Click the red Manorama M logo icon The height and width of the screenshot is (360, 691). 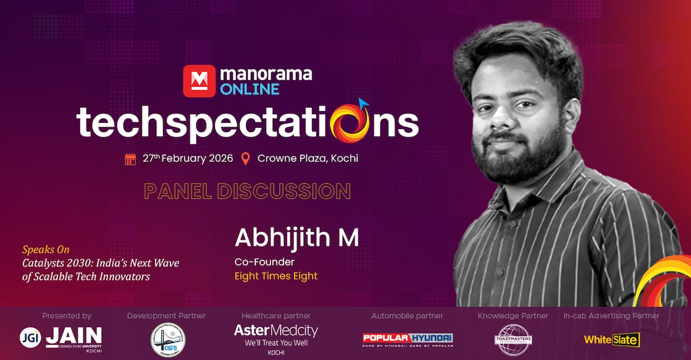[x=199, y=81]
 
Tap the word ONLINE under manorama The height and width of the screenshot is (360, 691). [x=249, y=89]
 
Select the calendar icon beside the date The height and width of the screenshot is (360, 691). [x=130, y=159]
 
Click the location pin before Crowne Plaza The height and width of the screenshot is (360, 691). [x=245, y=159]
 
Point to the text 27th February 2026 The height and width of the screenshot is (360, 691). [x=188, y=158]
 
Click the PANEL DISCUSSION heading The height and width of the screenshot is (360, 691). [x=247, y=191]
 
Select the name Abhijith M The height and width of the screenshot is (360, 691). [x=296, y=238]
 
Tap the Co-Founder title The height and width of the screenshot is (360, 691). [x=264, y=262]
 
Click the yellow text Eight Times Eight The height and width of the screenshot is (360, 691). [x=275, y=276]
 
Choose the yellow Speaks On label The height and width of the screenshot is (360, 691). [x=46, y=250]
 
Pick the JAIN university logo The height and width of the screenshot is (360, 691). [x=61, y=338]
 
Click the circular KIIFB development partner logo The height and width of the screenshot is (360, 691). [x=167, y=340]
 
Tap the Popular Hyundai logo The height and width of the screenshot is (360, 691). [x=407, y=338]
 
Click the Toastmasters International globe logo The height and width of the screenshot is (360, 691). [x=513, y=340]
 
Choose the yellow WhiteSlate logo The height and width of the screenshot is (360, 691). [x=611, y=339]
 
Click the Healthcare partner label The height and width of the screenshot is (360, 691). [x=275, y=316]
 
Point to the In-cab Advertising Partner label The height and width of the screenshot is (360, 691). [x=611, y=316]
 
